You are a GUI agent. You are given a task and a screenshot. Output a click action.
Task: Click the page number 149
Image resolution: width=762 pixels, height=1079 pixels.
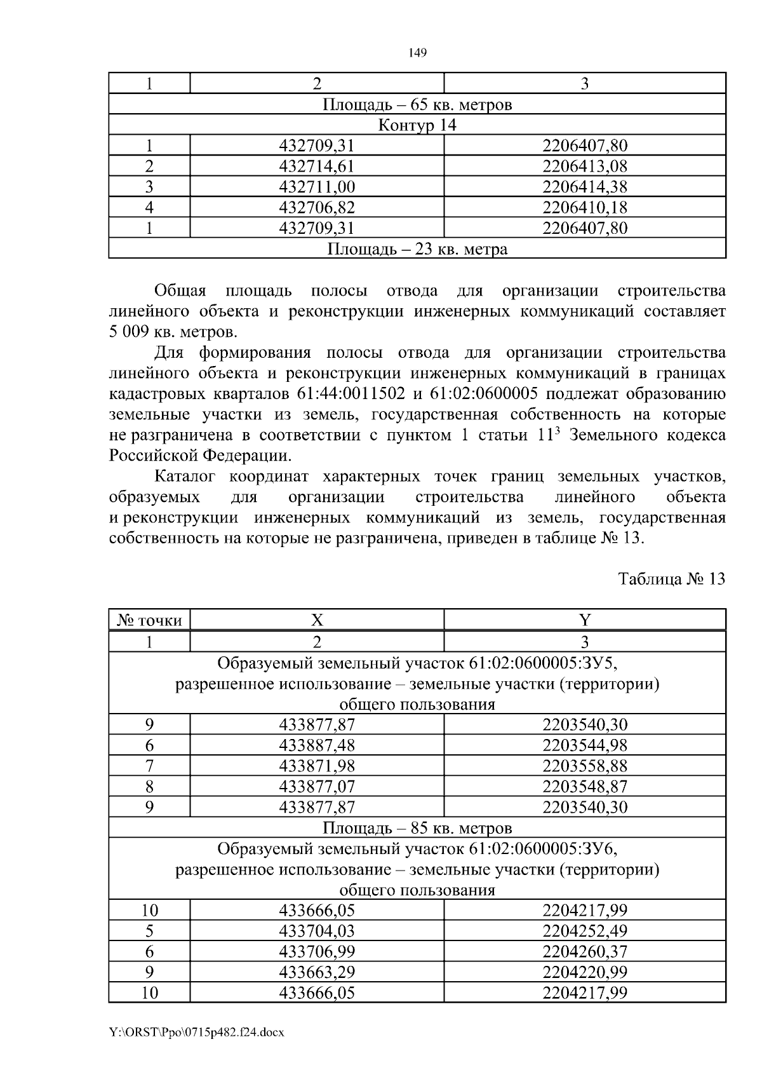pos(417,53)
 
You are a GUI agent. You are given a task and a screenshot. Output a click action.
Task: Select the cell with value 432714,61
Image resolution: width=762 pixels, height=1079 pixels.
pos(316,166)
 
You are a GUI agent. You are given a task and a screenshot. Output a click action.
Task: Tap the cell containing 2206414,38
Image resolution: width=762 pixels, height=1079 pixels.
pos(584,187)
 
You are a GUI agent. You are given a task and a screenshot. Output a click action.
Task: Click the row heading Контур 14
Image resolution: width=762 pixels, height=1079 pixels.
pos(417,125)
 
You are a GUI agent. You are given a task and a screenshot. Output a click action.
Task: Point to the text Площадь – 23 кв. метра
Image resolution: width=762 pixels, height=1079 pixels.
pos(417,248)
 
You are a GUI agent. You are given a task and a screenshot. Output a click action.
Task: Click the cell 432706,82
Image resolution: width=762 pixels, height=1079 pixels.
pos(316,207)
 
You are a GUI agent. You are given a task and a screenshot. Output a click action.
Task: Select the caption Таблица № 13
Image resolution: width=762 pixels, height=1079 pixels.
pos(671,580)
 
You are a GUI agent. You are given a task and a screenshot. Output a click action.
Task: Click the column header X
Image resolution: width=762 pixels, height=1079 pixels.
pos(316,620)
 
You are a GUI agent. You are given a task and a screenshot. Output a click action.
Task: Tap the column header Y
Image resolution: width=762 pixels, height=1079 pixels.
pos(584,620)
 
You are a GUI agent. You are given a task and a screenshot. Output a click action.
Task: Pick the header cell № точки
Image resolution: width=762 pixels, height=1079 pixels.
pos(149,620)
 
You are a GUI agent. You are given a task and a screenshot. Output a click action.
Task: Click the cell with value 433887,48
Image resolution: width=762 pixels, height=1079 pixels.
pos(316,745)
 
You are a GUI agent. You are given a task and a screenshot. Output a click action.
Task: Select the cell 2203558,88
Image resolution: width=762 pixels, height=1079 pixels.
pos(584,766)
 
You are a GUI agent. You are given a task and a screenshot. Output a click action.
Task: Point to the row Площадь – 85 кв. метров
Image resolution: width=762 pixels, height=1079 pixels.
pos(417,828)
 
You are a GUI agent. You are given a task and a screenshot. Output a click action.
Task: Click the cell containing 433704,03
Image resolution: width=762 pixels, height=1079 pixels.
pos(316,931)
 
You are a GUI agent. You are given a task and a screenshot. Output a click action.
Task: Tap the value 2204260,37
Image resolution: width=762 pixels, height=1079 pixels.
pos(584,951)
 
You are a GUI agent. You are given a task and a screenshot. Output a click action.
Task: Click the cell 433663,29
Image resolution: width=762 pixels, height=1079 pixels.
pos(316,972)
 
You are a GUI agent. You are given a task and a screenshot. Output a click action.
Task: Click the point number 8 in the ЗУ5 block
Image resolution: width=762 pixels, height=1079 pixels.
pos(149,787)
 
